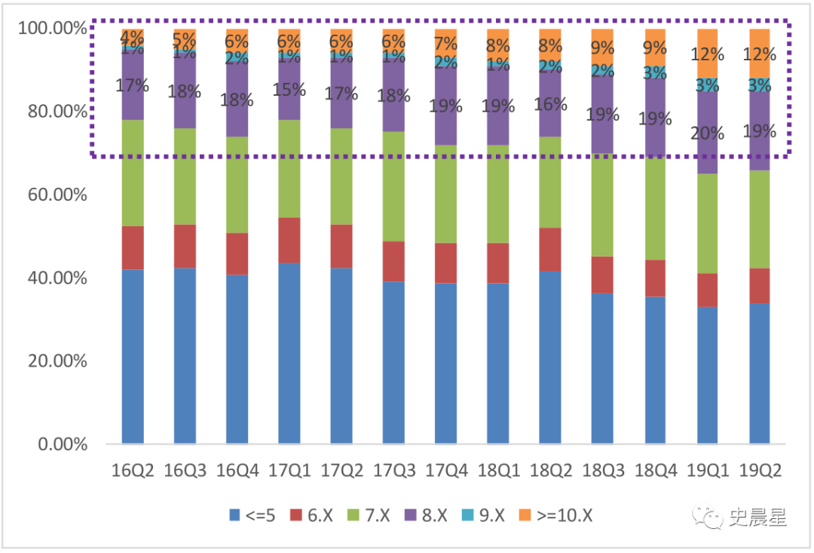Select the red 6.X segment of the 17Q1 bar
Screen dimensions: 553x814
click(x=289, y=240)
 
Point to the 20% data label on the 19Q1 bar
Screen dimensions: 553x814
click(x=708, y=134)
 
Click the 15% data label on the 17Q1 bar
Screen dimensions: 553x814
click(x=289, y=90)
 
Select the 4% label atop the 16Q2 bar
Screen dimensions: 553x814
click(x=132, y=36)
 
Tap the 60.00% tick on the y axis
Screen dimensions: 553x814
click(x=53, y=195)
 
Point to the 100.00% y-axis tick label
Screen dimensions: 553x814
click(x=50, y=29)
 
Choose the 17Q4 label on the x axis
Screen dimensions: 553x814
click(x=446, y=471)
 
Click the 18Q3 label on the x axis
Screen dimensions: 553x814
click(x=603, y=471)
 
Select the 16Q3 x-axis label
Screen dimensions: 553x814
click(x=185, y=471)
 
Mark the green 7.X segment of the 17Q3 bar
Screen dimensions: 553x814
click(x=394, y=186)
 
